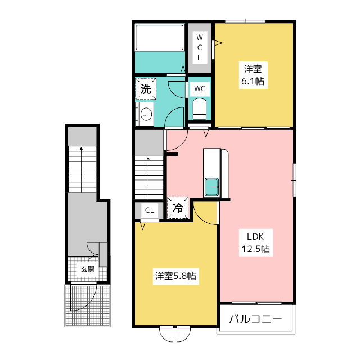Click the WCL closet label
click(199, 47)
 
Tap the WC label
click(200, 88)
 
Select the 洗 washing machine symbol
click(145, 89)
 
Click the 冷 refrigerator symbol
click(177, 207)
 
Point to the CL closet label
click(149, 210)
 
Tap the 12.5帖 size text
click(255, 249)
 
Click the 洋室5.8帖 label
click(175, 276)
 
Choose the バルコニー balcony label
click(255, 320)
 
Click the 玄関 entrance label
click(87, 269)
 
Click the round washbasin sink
click(146, 114)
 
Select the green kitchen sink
click(211, 186)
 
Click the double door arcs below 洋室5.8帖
click(175, 334)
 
